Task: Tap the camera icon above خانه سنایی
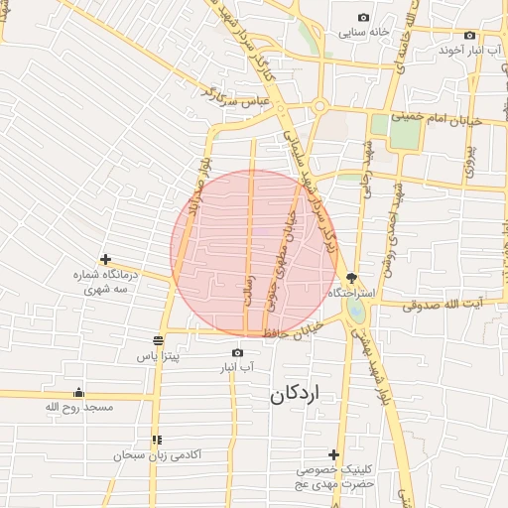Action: tap(363, 18)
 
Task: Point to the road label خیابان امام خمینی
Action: tap(436, 117)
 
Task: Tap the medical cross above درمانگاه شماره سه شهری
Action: tap(106, 259)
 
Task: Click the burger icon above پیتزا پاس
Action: tap(158, 339)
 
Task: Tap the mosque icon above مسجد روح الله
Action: tap(78, 392)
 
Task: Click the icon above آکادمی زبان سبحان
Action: tap(156, 440)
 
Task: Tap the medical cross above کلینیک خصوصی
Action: tap(333, 454)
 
